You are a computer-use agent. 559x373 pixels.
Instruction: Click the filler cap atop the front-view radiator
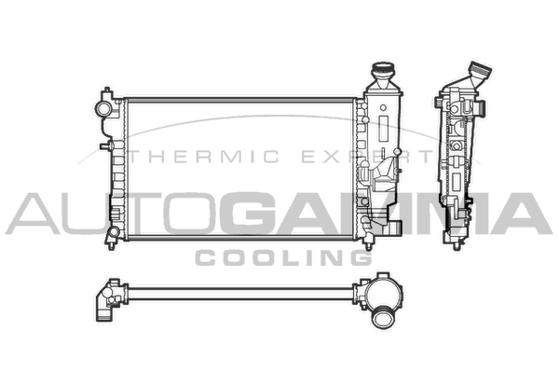pyautogui.click(x=383, y=69)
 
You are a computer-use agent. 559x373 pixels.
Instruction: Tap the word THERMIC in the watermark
pyautogui.click(x=203, y=157)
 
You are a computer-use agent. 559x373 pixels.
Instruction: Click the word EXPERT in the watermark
pyautogui.click(x=367, y=157)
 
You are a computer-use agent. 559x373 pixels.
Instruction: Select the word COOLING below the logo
pyautogui.click(x=283, y=257)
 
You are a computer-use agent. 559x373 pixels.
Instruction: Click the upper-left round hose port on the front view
pyautogui.click(x=103, y=108)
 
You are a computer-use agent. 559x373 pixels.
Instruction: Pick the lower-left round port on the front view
pyautogui.click(x=114, y=232)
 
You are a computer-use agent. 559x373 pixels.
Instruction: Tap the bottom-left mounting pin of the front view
pyautogui.click(x=111, y=245)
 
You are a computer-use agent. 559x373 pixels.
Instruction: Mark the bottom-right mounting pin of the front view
pyautogui.click(x=368, y=245)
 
